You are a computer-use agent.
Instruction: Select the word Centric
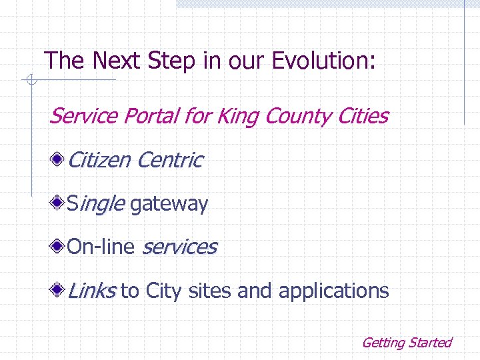[169, 160]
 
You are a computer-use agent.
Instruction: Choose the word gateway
[169, 204]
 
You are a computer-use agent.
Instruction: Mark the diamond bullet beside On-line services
[59, 247]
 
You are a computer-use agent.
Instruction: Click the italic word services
[179, 247]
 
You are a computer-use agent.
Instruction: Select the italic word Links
[91, 291]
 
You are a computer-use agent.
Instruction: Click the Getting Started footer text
[406, 343]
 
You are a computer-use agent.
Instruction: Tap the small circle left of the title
[29, 81]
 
